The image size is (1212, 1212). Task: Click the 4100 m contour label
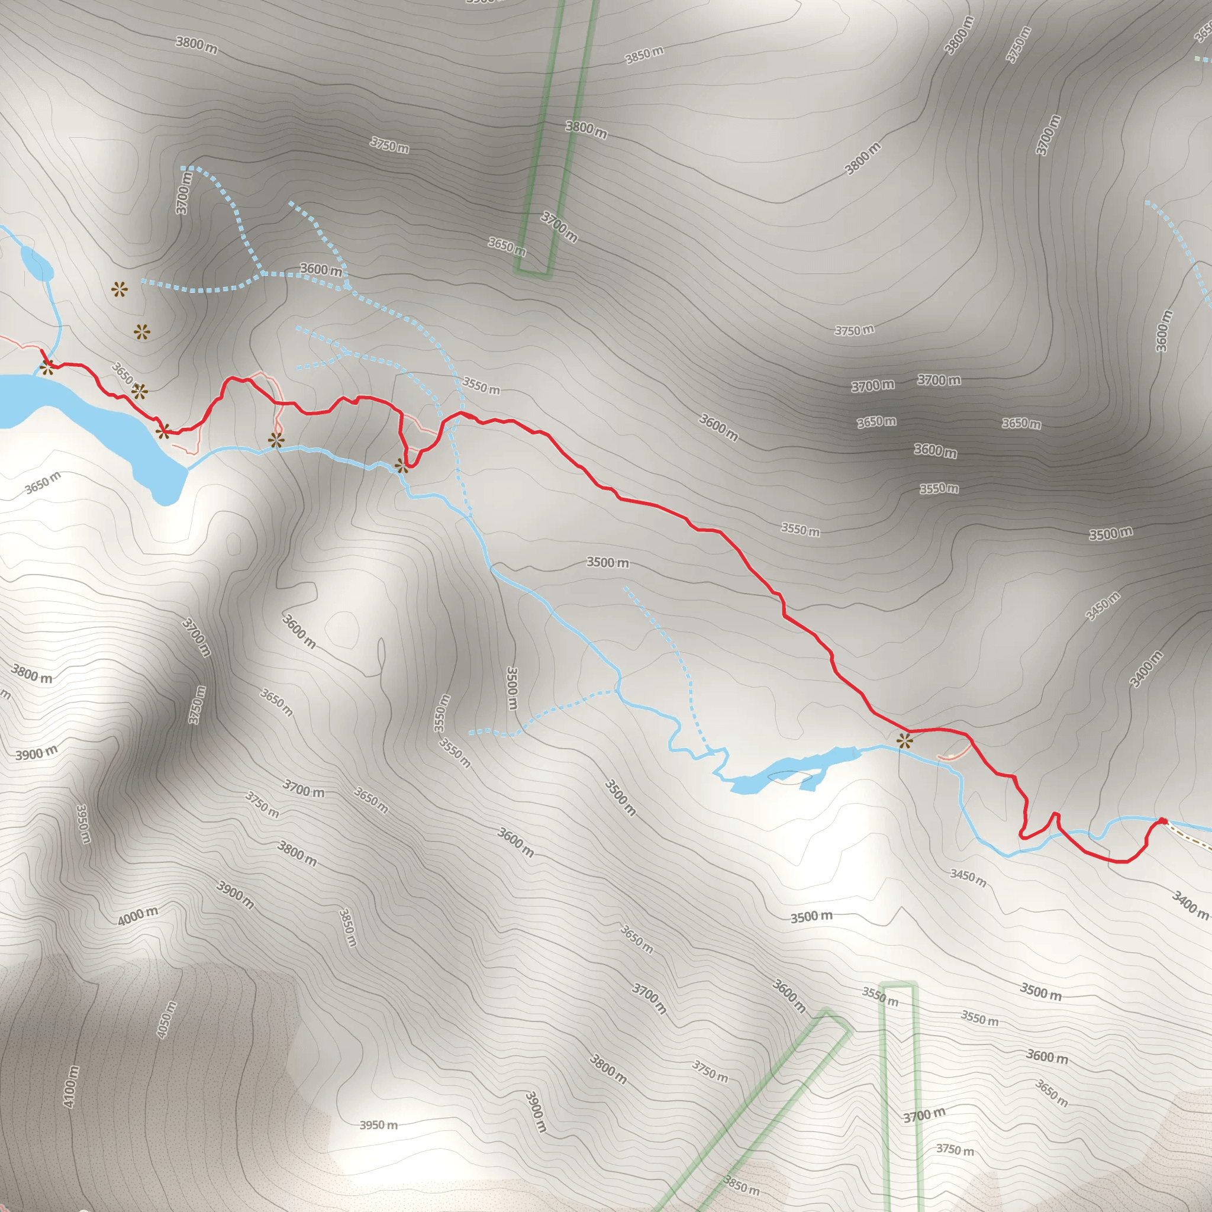71,1086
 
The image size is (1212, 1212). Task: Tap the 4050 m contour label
166,1020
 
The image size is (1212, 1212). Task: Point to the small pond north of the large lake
36,262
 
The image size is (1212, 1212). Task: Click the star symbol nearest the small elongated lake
904,742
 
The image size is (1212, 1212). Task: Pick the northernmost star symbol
119,290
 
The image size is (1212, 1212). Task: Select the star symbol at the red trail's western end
47,367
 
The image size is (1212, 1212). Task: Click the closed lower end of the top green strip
533,273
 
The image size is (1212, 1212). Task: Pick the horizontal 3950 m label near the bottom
378,1125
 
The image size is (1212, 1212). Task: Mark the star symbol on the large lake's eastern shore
163,431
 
